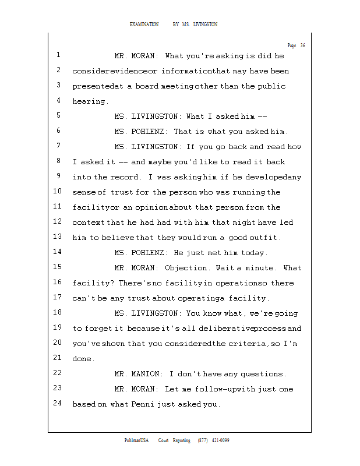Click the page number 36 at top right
click(x=302, y=45)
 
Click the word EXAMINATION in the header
click(x=144, y=24)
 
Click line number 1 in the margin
click(x=59, y=56)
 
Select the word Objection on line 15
click(x=186, y=268)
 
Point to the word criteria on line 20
click(x=247, y=344)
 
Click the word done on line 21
click(x=82, y=359)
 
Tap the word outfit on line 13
click(x=265, y=238)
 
